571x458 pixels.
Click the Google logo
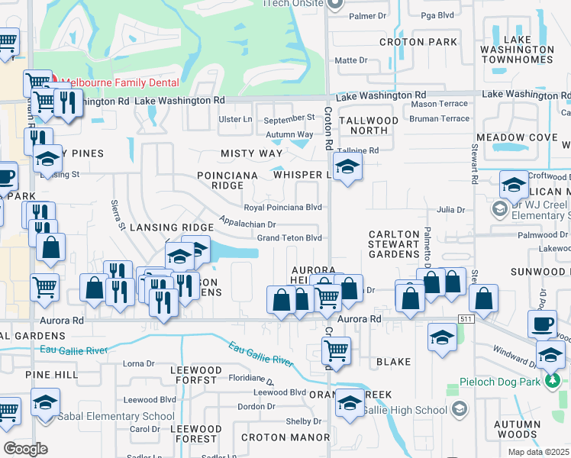tap(25, 448)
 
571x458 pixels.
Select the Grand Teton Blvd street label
tap(289, 238)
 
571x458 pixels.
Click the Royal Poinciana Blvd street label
tap(282, 208)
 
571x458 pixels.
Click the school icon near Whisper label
tap(347, 168)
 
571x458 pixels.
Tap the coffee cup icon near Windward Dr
tap(543, 324)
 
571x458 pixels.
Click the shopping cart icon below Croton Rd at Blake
tap(336, 350)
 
